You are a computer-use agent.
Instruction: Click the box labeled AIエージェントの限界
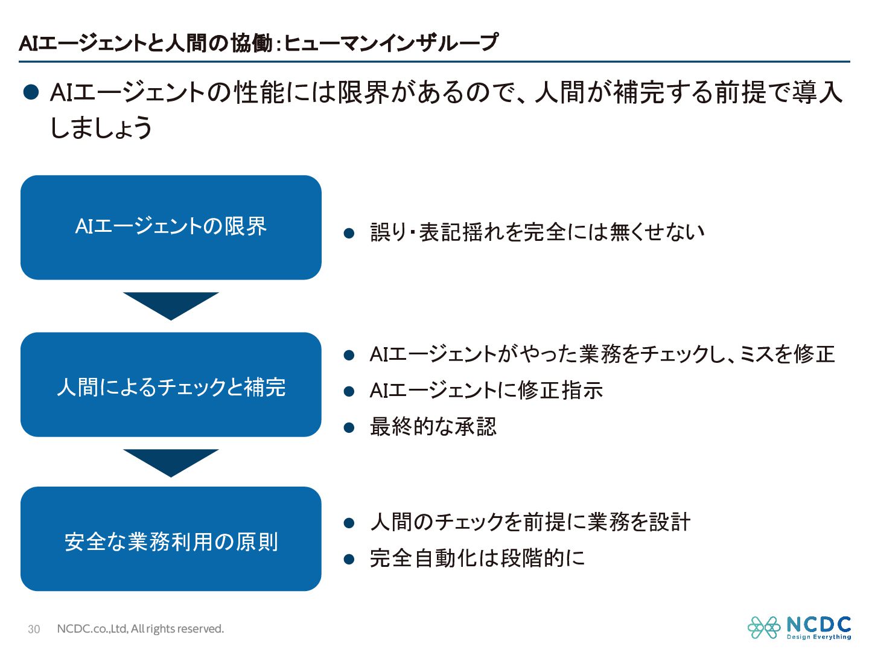[x=171, y=227]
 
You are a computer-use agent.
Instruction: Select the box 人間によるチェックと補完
[x=171, y=385]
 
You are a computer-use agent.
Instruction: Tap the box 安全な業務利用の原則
[x=171, y=539]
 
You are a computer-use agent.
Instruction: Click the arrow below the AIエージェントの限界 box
[x=171, y=304]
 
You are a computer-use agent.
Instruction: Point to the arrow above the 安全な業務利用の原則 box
[x=171, y=461]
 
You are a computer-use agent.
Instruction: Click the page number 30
[x=34, y=629]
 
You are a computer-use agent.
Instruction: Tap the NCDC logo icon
[x=764, y=627]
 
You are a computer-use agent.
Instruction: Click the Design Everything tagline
[x=819, y=637]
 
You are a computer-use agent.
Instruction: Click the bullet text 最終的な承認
[x=433, y=427]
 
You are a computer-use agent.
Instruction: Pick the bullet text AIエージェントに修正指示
[x=486, y=391]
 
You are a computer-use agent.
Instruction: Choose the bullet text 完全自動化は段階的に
[x=477, y=558]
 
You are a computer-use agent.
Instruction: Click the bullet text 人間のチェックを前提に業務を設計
[x=530, y=522]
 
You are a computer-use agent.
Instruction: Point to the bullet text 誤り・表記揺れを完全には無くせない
[x=537, y=232]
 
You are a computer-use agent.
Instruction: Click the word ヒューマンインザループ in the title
[x=391, y=43]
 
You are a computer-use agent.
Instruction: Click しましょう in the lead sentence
[x=101, y=127]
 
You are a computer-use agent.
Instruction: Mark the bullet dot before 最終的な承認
[x=349, y=428]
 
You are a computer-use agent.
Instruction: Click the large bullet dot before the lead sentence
[x=31, y=92]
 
